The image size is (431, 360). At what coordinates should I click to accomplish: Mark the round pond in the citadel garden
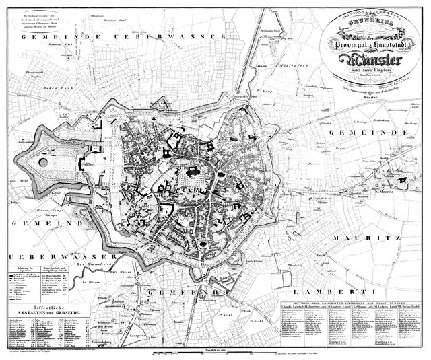[x=44, y=162]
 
